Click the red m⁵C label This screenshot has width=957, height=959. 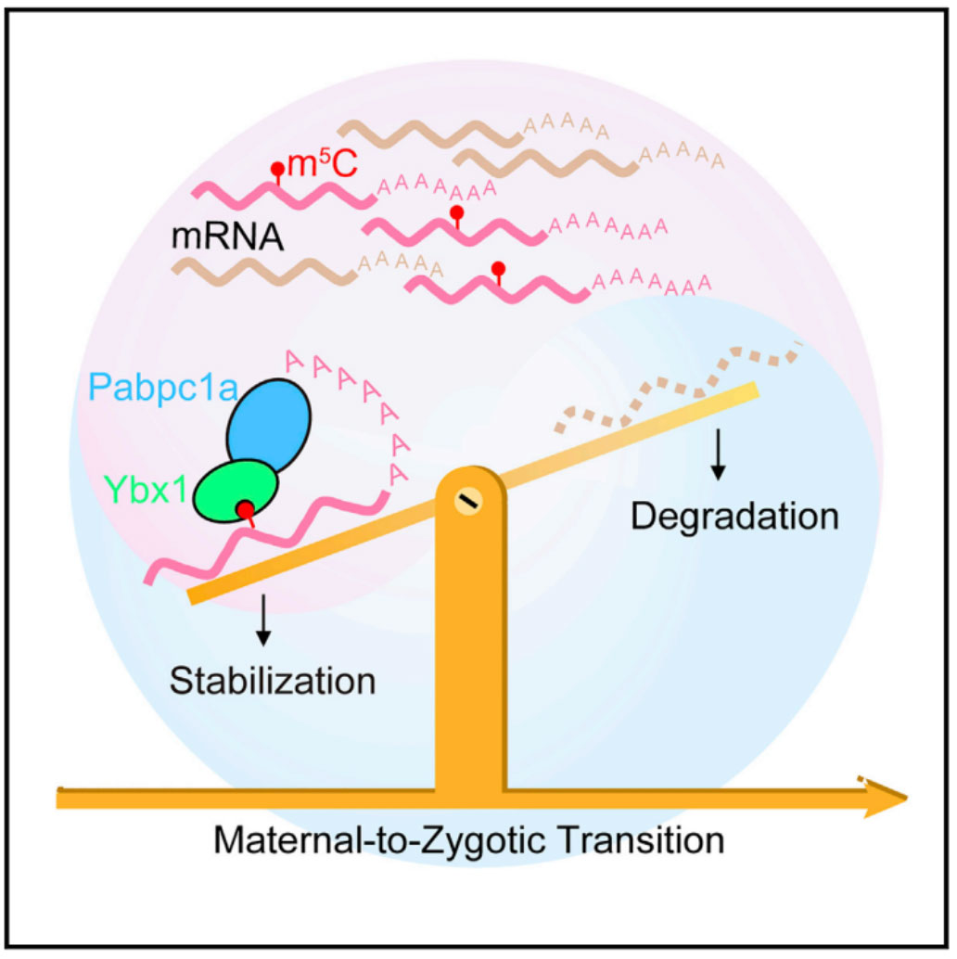323,164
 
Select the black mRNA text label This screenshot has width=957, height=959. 227,237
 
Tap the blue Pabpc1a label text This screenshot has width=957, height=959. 163,387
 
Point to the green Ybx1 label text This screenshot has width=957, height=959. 146,490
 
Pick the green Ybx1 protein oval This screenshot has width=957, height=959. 236,492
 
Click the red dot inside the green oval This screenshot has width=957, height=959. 245,509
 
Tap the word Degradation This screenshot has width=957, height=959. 734,517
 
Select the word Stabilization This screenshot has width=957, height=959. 272,681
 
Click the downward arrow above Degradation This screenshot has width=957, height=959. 718,454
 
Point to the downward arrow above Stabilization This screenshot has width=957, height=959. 263,620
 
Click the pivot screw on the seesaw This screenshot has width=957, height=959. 468,502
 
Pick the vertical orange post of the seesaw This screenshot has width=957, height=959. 470,636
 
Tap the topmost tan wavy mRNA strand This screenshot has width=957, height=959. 430,134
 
